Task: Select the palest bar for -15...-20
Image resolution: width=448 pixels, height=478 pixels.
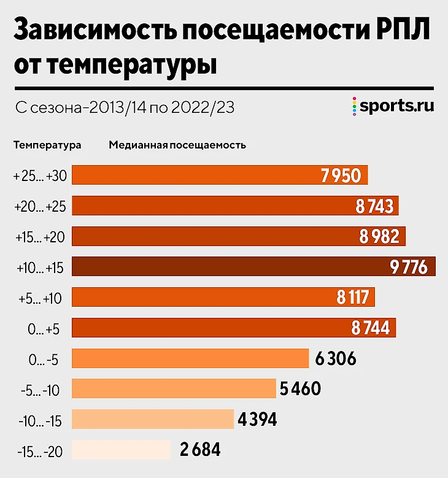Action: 121,450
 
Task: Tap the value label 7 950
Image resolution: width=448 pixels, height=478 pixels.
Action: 341,176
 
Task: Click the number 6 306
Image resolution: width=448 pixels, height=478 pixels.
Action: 335,358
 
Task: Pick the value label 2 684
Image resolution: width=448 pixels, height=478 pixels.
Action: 200,450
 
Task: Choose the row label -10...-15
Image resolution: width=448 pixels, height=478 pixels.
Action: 40,420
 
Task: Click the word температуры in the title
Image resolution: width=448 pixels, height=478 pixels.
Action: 133,64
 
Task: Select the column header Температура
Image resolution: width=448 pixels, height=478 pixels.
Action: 47,145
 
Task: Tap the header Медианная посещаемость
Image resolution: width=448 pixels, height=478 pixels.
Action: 177,145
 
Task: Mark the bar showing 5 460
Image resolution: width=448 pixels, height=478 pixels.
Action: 174,389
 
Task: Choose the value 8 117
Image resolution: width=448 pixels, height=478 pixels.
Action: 352,298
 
